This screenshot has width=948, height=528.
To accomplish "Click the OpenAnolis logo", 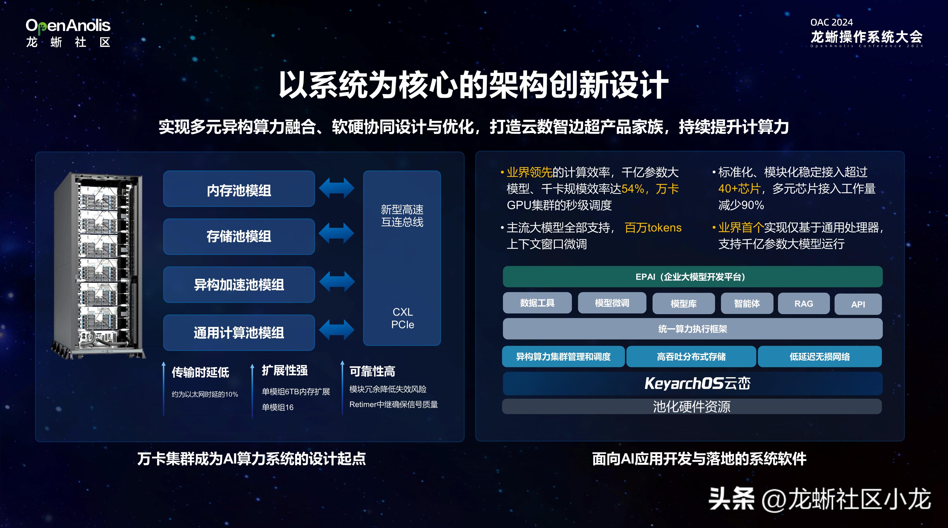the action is (68, 33).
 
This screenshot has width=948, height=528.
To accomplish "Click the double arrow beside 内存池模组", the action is (336, 188).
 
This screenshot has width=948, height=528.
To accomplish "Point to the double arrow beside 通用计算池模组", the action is (336, 329).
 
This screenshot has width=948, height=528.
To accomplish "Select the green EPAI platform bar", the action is (693, 277).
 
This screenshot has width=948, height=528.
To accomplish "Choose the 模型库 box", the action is (683, 304).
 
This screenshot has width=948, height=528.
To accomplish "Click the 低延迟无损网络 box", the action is (820, 357).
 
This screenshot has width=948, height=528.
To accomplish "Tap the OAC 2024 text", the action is (831, 23).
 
